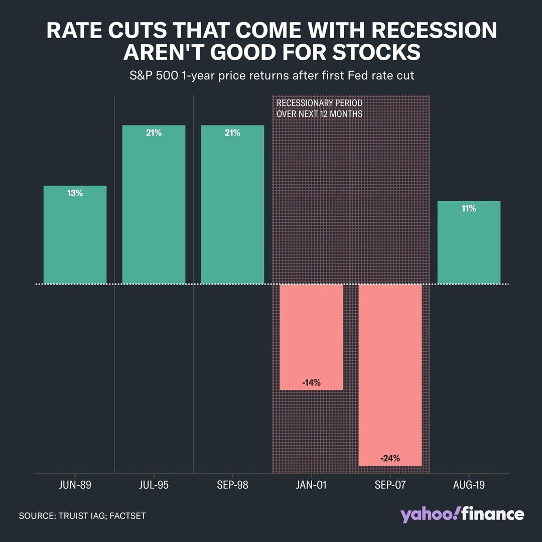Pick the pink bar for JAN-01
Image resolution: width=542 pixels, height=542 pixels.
311,337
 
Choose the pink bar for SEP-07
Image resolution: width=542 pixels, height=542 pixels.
390,374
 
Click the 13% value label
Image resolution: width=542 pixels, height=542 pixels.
75,193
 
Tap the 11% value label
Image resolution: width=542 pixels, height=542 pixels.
469,208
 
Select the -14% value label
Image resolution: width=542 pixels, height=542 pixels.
311,383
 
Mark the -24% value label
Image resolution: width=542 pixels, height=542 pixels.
390,458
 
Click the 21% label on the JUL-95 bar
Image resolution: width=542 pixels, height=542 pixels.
154,133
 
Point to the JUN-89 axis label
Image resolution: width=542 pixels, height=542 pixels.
75,486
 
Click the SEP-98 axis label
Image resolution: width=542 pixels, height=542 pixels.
232,486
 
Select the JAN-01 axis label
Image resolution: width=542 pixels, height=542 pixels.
311,486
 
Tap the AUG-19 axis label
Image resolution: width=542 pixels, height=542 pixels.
469,486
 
